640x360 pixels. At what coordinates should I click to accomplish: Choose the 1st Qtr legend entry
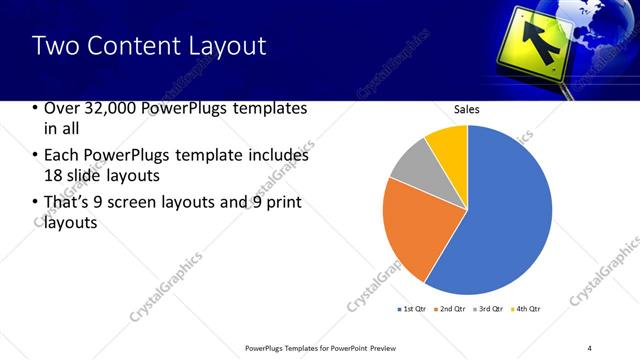[412, 308]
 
